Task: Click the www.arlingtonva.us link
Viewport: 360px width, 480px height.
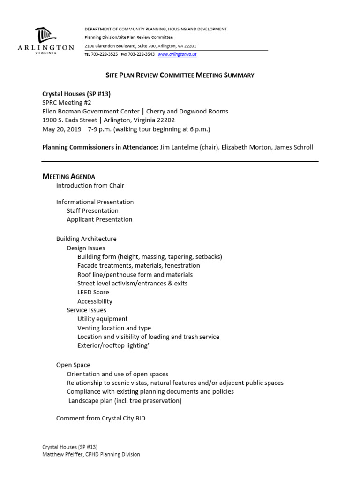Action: [177, 54]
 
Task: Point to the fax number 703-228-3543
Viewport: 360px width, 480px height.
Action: [141, 54]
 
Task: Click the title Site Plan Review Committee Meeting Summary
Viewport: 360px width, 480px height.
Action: [180, 75]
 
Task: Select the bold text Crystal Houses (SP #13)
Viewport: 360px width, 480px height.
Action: [76, 94]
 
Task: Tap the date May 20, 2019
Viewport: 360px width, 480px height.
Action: [62, 129]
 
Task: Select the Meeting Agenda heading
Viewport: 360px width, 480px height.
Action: [69, 176]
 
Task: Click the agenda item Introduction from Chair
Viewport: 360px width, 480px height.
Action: [90, 185]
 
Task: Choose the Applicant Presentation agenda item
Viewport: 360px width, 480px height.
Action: [99, 219]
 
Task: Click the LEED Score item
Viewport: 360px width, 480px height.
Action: [93, 292]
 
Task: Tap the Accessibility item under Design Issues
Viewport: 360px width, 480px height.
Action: [95, 301]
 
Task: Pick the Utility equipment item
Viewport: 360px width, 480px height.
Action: [102, 319]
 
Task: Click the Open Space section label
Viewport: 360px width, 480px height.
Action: [73, 365]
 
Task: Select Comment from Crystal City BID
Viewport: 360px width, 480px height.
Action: [101, 418]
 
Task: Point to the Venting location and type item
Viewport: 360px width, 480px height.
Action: [114, 328]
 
